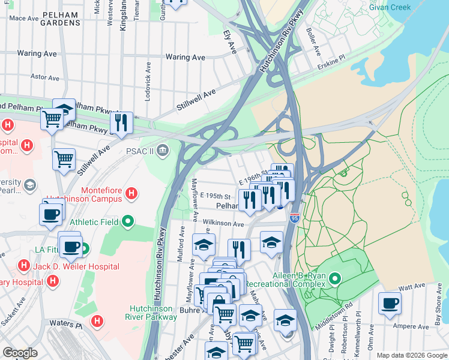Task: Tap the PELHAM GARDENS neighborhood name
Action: [x=60, y=17]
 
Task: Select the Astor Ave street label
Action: [x=45, y=78]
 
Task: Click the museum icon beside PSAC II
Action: [x=162, y=150]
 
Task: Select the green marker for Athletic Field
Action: [x=127, y=222]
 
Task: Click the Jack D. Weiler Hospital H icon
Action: [x=23, y=265]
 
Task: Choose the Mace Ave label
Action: [x=24, y=18]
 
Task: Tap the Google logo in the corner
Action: [x=19, y=353]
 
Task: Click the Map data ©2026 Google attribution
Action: [x=411, y=355]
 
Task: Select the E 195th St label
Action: [x=216, y=196]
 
